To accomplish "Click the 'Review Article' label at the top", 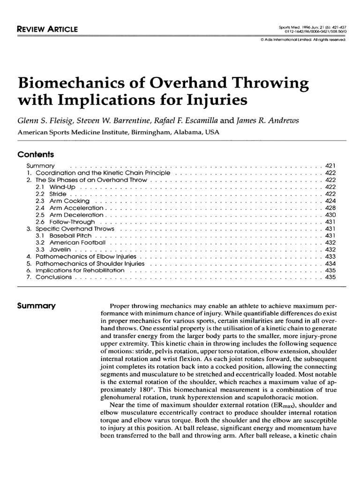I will (47, 30).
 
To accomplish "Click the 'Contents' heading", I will (36, 155).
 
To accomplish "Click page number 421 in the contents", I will (330, 166).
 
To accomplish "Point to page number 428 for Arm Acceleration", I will (330, 208).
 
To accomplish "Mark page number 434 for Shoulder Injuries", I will (330, 264).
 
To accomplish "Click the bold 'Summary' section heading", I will (36, 306).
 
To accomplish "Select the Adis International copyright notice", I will (302, 39).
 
